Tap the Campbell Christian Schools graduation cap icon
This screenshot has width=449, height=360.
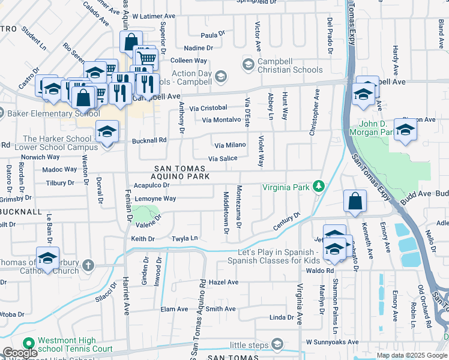247,64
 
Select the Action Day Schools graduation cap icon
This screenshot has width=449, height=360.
221,76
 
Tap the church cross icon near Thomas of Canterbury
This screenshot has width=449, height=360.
88,265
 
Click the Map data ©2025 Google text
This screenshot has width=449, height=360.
411,355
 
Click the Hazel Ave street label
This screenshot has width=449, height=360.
224,282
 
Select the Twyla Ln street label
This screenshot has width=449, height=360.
185,238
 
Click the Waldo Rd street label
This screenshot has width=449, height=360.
322,271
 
